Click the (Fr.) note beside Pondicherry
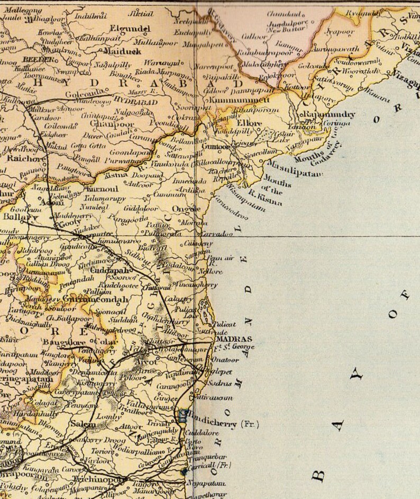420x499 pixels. tap(250, 423)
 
